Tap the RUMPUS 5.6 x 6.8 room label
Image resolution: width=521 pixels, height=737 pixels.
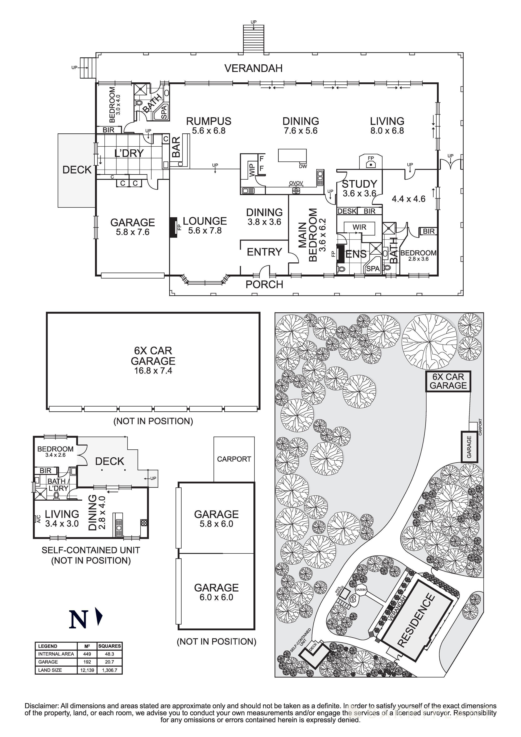tap(209, 125)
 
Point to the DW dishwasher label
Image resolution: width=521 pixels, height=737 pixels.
tap(303, 166)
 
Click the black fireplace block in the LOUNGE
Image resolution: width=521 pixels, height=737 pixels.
tap(173, 227)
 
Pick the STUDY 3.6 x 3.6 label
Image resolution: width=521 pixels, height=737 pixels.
tap(359, 188)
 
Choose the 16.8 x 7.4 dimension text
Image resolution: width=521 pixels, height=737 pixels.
tap(153, 371)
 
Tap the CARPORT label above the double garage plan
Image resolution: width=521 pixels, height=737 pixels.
tap(234, 459)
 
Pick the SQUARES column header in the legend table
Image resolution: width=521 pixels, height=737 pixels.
tap(109, 646)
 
